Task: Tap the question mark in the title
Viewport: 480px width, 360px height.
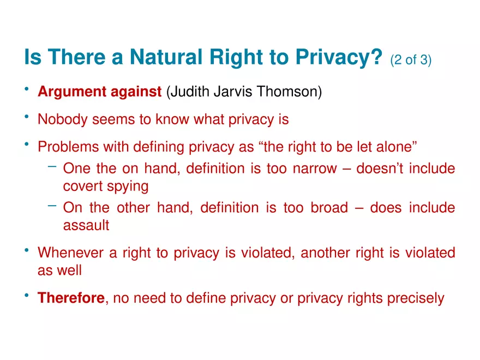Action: [x=376, y=58]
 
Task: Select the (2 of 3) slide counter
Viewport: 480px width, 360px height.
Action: [x=411, y=60]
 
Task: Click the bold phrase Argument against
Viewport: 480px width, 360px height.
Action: [x=99, y=92]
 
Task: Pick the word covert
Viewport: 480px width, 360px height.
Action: [x=80, y=186]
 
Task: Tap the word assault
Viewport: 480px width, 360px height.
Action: [x=86, y=225]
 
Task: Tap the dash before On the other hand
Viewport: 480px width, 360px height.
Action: [x=52, y=206]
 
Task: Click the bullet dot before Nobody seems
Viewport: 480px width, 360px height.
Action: [x=27, y=117]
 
